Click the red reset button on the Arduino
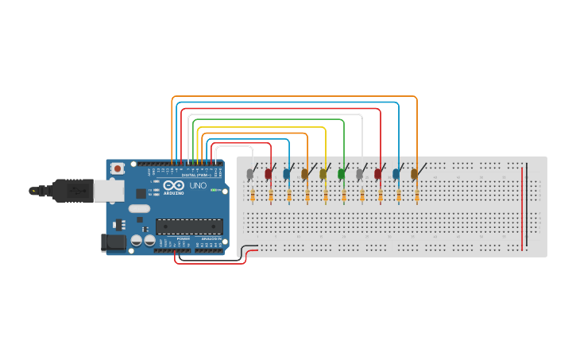coord(118,168)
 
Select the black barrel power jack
coord(114,242)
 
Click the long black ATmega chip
coord(188,226)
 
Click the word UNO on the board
coord(197,185)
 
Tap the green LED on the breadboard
coord(342,173)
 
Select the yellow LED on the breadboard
coord(323,174)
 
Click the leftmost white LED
coord(250,174)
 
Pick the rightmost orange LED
coord(414,174)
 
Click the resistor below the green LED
coord(344,195)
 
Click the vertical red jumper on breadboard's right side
coord(522,207)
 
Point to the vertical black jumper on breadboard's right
coord(527,203)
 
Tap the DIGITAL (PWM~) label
coord(197,175)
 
